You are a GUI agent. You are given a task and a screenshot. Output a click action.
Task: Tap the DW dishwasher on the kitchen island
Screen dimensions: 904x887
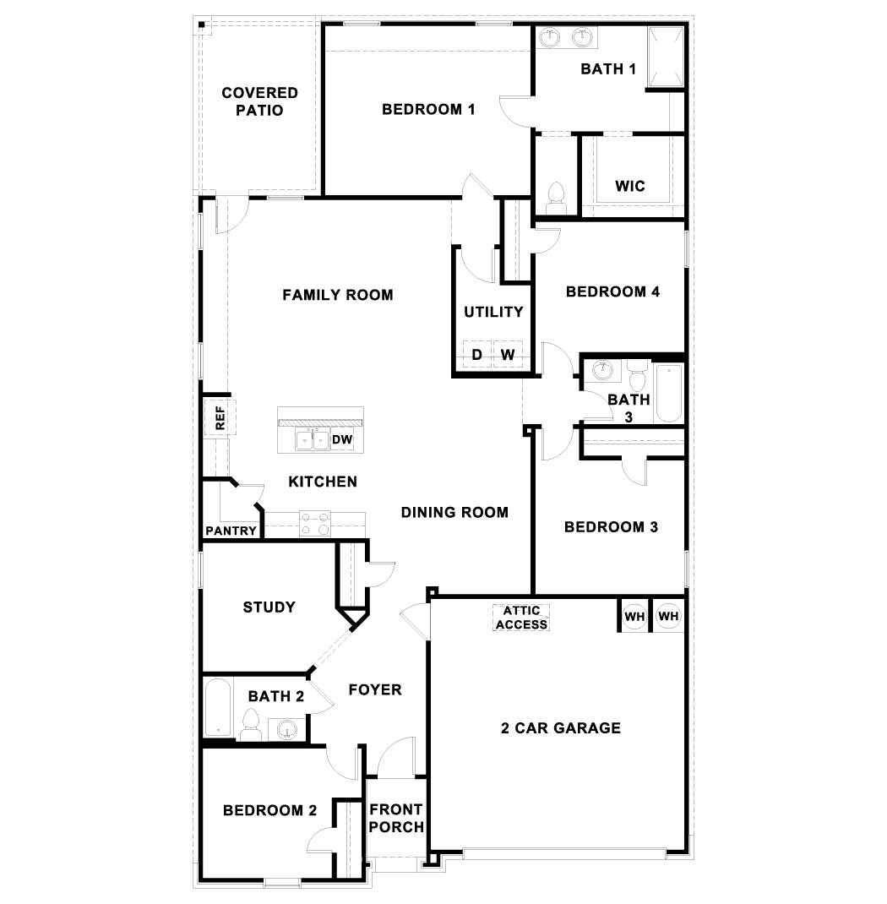point(342,440)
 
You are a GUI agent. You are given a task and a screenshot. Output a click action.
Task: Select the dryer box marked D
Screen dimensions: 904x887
point(476,355)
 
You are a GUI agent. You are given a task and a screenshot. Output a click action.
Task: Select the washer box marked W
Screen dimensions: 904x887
point(508,355)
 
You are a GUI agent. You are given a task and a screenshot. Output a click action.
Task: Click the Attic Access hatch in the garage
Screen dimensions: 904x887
point(521,618)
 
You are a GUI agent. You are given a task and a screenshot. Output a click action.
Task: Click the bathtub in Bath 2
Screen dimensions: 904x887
point(217,709)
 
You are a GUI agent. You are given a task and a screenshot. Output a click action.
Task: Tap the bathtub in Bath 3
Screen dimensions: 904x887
point(668,393)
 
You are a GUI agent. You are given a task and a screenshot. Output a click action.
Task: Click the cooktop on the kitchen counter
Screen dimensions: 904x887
point(316,524)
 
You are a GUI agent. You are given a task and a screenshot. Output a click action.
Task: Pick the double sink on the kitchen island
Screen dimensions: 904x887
point(313,440)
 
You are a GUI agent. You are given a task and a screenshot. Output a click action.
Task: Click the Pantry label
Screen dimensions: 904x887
point(231,531)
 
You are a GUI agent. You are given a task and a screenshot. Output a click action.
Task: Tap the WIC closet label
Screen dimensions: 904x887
point(630,186)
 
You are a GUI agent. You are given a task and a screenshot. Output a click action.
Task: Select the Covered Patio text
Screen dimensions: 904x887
point(259,101)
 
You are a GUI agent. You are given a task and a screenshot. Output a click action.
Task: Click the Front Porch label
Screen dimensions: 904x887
point(396,818)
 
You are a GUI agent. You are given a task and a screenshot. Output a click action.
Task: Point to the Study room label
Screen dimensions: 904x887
point(269,607)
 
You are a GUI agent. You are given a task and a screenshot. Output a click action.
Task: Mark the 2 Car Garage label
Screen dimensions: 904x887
point(561,727)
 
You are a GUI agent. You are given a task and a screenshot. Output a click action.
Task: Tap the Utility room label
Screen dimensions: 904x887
point(493,312)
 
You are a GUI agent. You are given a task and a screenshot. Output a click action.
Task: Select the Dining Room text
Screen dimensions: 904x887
point(454,512)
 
